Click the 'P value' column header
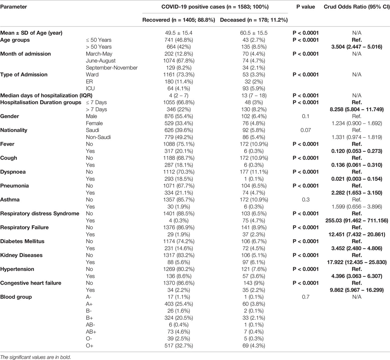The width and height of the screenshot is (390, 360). click(x=305, y=6)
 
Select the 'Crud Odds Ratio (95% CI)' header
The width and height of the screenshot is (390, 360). click(x=357, y=6)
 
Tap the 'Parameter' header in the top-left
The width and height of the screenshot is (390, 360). click(x=14, y=6)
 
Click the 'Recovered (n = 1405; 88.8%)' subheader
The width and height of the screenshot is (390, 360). click(x=179, y=20)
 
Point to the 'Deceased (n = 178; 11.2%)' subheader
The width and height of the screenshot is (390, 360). click(x=253, y=20)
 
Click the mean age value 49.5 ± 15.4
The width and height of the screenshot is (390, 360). click(x=179, y=33)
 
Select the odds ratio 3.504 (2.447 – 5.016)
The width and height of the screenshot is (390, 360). click(x=357, y=47)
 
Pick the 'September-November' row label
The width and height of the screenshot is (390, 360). click(x=111, y=68)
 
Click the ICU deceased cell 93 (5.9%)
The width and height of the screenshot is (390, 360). click(x=253, y=88)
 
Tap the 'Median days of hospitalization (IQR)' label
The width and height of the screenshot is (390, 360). click(x=46, y=96)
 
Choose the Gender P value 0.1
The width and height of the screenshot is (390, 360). click(x=305, y=116)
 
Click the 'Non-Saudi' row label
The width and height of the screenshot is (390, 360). click(x=98, y=137)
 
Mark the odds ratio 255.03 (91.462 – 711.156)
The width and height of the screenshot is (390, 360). click(x=357, y=221)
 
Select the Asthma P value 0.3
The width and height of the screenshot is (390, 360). click(x=305, y=200)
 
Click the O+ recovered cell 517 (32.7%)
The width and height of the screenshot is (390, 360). click(x=179, y=345)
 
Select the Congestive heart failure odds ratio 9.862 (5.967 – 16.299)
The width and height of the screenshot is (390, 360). click(x=357, y=290)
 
